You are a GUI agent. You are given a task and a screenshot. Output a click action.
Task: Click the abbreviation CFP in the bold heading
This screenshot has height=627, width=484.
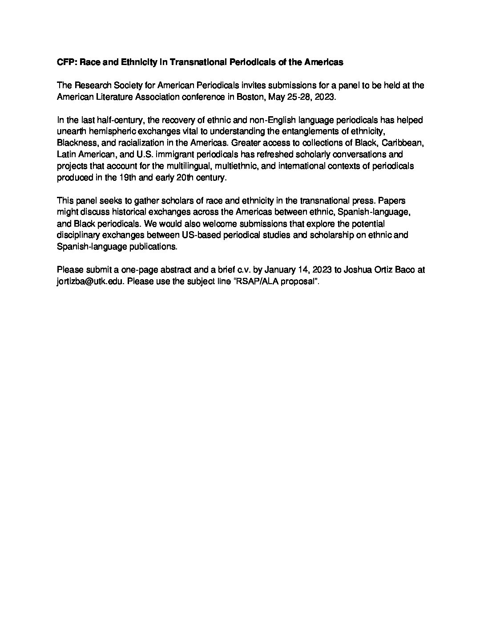(x=65, y=62)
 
